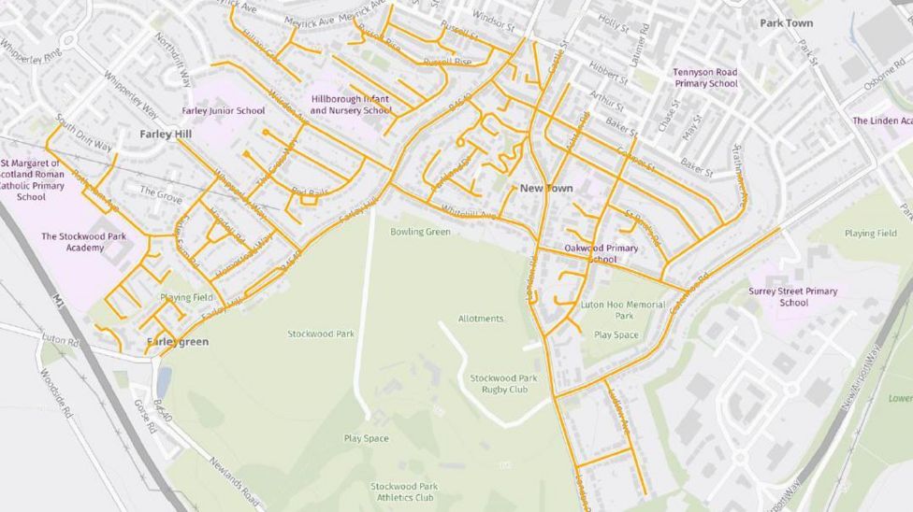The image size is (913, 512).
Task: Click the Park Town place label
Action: tap(786, 23)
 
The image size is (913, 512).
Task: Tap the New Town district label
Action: tap(546, 189)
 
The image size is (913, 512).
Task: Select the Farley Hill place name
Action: tap(166, 135)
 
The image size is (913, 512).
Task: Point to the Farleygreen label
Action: tap(178, 342)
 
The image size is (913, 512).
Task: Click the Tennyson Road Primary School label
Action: tap(705, 78)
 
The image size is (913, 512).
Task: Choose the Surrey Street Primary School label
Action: tap(793, 297)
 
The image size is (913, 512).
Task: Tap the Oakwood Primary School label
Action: tap(601, 253)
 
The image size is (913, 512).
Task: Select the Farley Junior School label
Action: tap(224, 111)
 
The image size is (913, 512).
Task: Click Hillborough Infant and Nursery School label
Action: tap(351, 105)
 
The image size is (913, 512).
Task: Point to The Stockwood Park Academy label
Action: tap(84, 242)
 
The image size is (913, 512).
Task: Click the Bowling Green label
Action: tap(420, 232)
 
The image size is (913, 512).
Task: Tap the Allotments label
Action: tap(481, 319)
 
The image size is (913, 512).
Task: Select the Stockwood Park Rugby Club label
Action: tap(504, 383)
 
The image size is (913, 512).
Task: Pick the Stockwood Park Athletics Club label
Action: tap(404, 491)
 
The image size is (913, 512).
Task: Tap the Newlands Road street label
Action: tap(234, 482)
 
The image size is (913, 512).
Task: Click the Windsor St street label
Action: tap(493, 18)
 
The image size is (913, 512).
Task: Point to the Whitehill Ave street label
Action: tap(470, 213)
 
